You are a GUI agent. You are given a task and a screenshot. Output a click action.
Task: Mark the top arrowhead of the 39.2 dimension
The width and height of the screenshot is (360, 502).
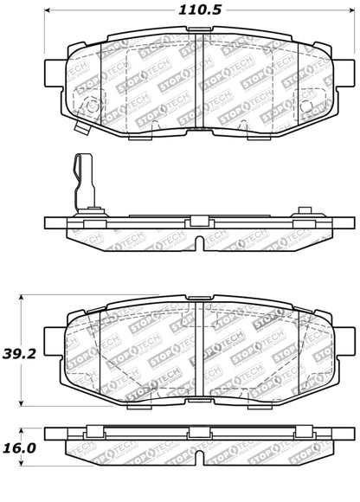click(x=22, y=296)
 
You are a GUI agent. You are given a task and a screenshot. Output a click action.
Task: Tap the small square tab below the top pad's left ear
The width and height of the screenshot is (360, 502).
click(x=80, y=131)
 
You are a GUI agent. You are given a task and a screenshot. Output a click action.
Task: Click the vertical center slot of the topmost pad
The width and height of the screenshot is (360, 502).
click(x=198, y=82)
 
